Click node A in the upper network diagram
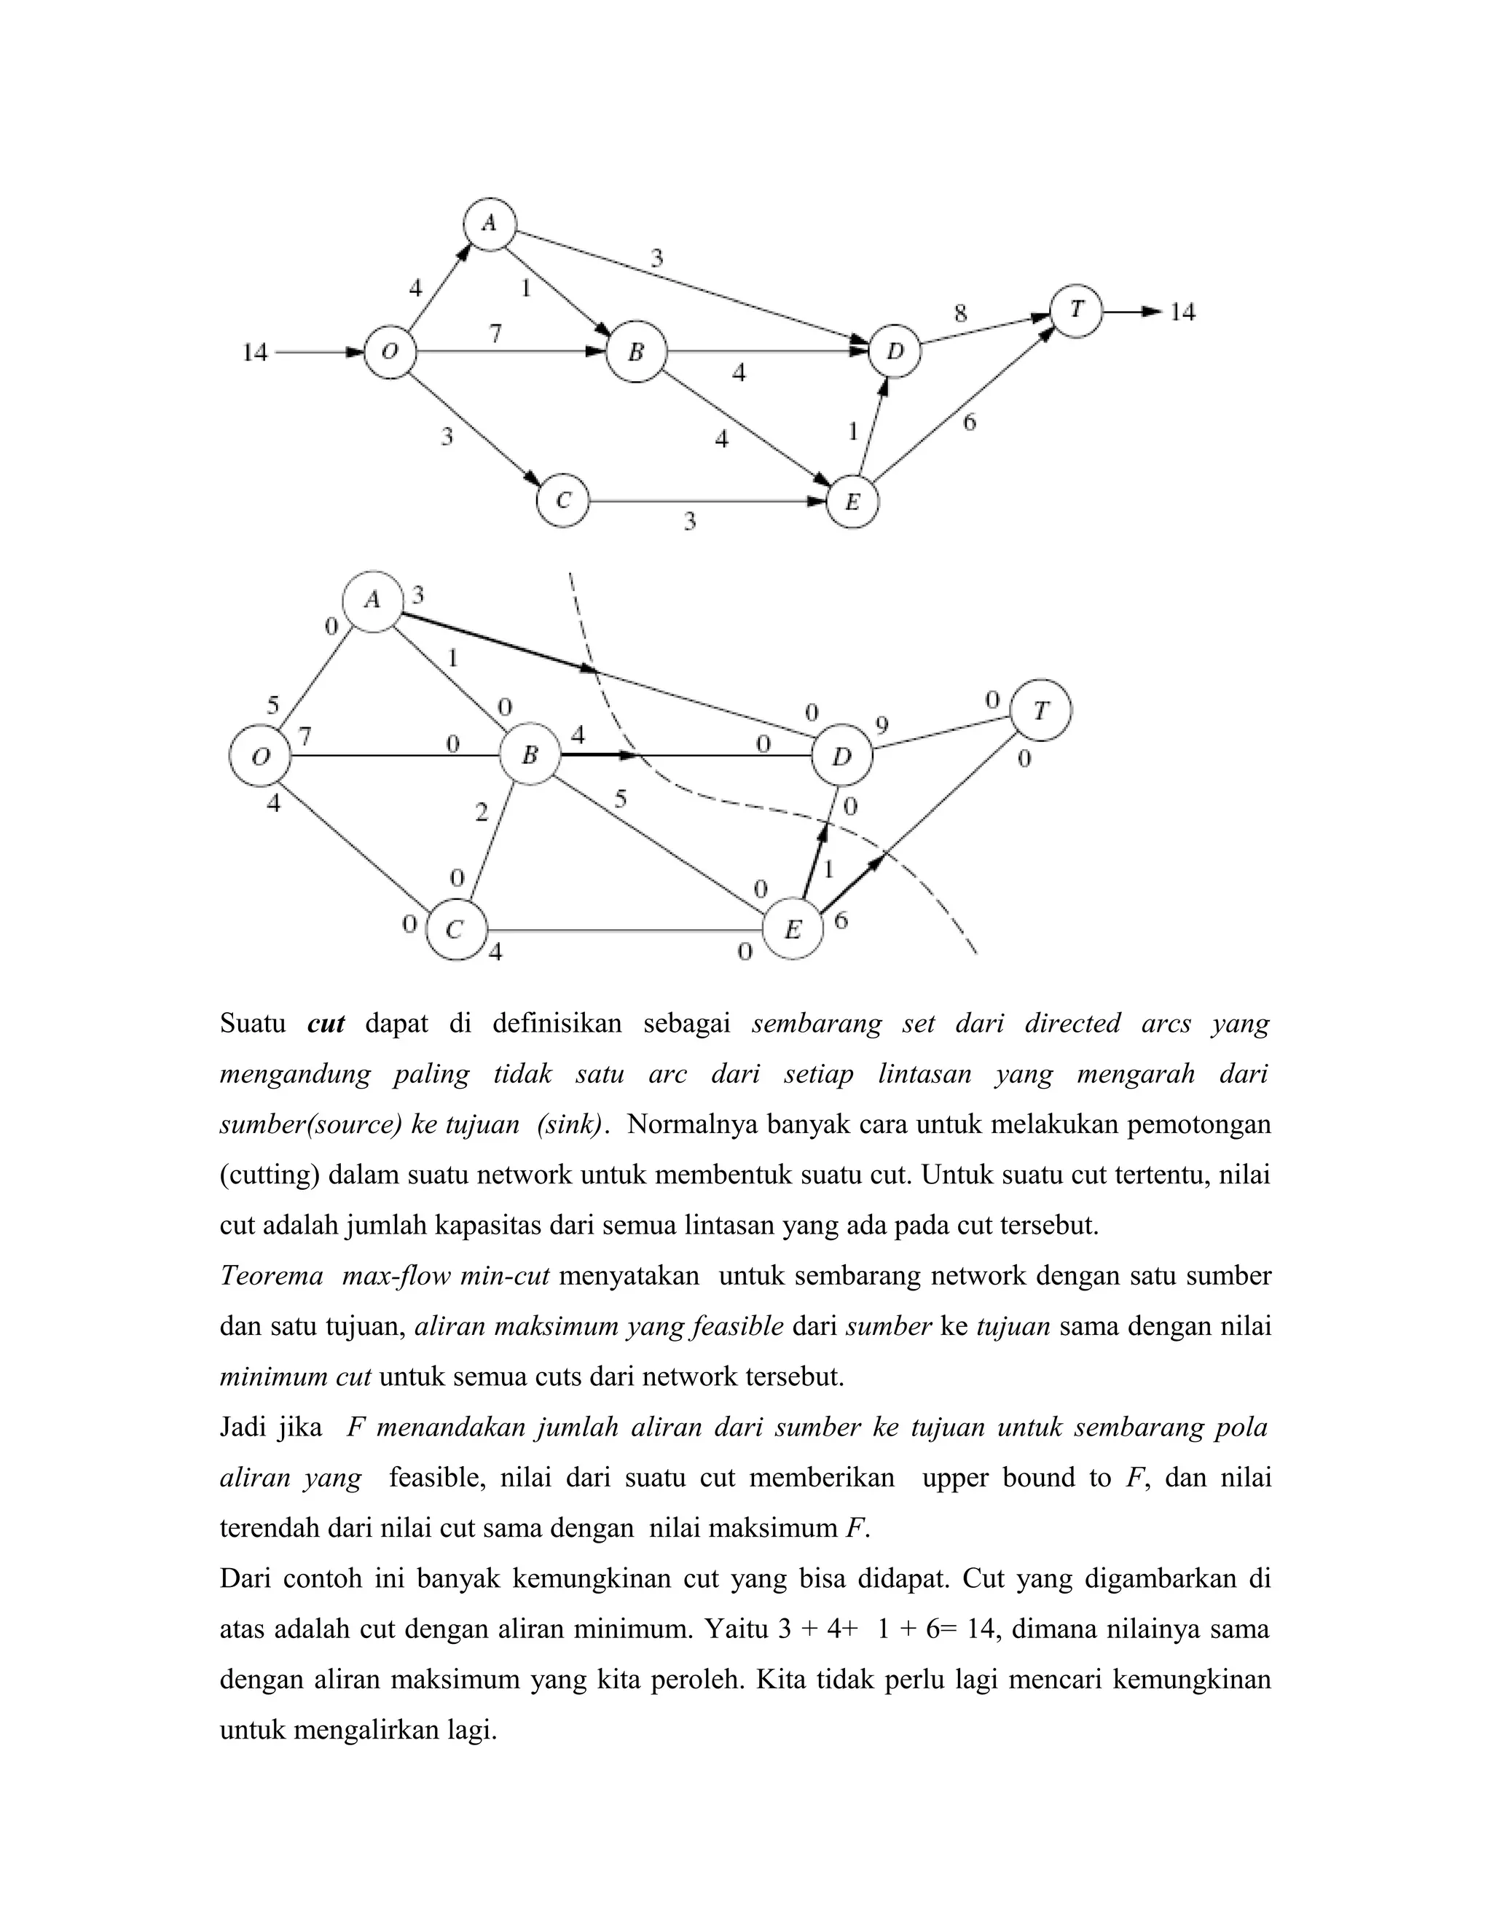(x=489, y=224)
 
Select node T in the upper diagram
(x=1076, y=310)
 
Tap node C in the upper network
(x=563, y=501)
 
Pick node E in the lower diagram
(x=793, y=928)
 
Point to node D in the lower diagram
(x=842, y=756)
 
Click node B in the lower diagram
(x=530, y=755)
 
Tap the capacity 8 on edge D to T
(x=960, y=314)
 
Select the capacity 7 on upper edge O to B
(x=496, y=333)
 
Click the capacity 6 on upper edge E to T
(x=970, y=423)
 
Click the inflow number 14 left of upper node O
(x=254, y=353)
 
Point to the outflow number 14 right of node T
(x=1182, y=312)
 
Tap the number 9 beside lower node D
(x=882, y=725)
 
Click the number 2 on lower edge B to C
(x=481, y=812)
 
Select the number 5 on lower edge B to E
(x=621, y=799)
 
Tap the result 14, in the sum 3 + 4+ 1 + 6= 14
(x=983, y=1629)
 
